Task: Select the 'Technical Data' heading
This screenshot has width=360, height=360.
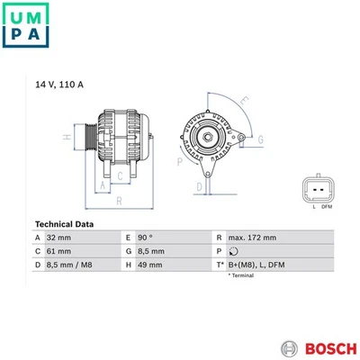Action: point(63,224)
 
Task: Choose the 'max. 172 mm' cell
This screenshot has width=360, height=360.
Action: point(253,238)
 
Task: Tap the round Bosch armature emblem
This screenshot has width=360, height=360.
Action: point(288,347)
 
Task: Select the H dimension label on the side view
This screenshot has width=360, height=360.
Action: point(66,137)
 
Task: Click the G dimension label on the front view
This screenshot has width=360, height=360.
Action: point(261,139)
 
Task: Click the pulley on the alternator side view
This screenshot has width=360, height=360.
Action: point(87,137)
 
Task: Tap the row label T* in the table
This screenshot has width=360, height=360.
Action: point(219,265)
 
